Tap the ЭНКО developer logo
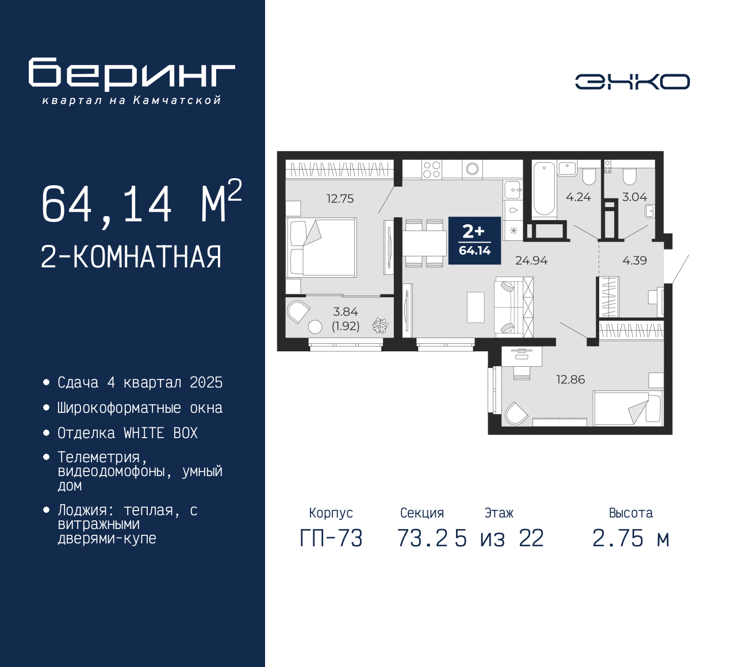(632, 82)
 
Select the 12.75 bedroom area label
(340, 198)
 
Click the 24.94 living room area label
(531, 260)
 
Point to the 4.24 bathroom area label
(578, 197)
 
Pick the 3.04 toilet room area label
(634, 197)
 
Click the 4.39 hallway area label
(635, 260)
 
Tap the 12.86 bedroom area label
(570, 379)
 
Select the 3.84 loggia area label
(345, 312)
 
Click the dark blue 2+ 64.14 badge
(475, 240)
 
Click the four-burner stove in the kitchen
(431, 170)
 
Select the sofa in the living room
(513, 306)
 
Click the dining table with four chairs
(424, 243)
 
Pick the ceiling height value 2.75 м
(631, 538)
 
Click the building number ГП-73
(331, 538)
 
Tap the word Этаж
(499, 512)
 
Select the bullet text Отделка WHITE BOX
(127, 434)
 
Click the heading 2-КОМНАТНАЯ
(131, 257)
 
